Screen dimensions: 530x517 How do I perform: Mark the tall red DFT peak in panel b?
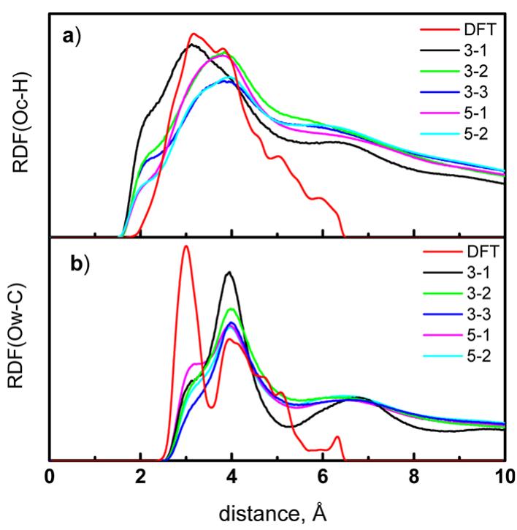coord(186,246)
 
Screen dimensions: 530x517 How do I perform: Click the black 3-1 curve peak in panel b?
coord(230,273)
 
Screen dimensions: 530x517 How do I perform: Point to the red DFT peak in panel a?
coord(194,34)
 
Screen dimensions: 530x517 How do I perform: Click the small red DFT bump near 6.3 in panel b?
coord(337,437)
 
